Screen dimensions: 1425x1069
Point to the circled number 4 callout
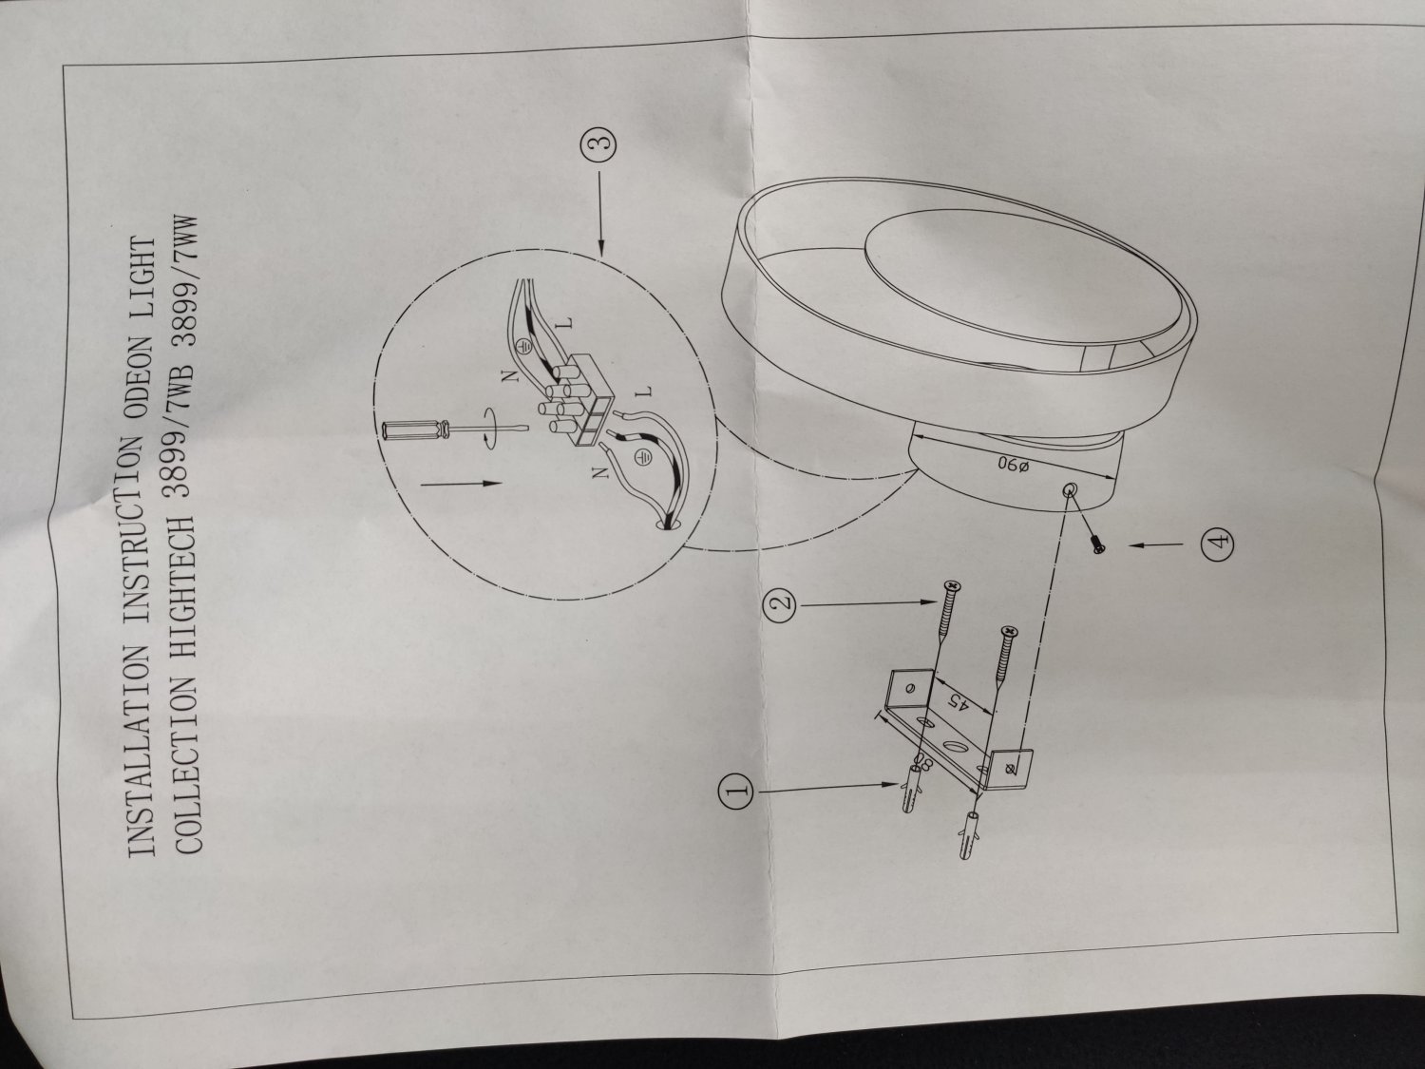coord(1219,540)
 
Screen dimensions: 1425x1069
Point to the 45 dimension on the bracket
coord(956,703)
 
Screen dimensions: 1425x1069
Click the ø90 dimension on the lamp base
coord(1012,466)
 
